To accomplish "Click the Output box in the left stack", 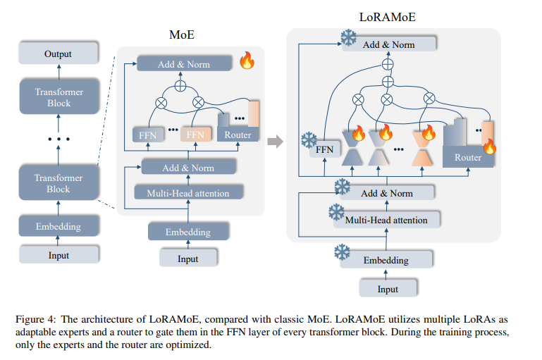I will [x=58, y=54].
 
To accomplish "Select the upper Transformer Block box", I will [x=59, y=98].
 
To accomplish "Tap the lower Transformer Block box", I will [x=58, y=184].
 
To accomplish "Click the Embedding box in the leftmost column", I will [x=58, y=227].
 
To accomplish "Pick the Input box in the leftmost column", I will [x=58, y=255].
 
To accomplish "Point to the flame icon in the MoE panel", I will [x=247, y=61].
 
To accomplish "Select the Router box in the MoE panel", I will [x=238, y=134].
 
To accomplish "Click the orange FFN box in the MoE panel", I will [x=195, y=134].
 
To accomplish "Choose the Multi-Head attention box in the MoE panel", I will [x=187, y=192].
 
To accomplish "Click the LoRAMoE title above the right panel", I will [x=387, y=17].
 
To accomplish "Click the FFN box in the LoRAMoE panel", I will [x=324, y=149].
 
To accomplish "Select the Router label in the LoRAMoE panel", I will [x=468, y=158].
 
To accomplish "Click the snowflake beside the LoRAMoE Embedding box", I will [x=342, y=252].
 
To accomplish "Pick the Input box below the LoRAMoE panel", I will [x=388, y=289].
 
